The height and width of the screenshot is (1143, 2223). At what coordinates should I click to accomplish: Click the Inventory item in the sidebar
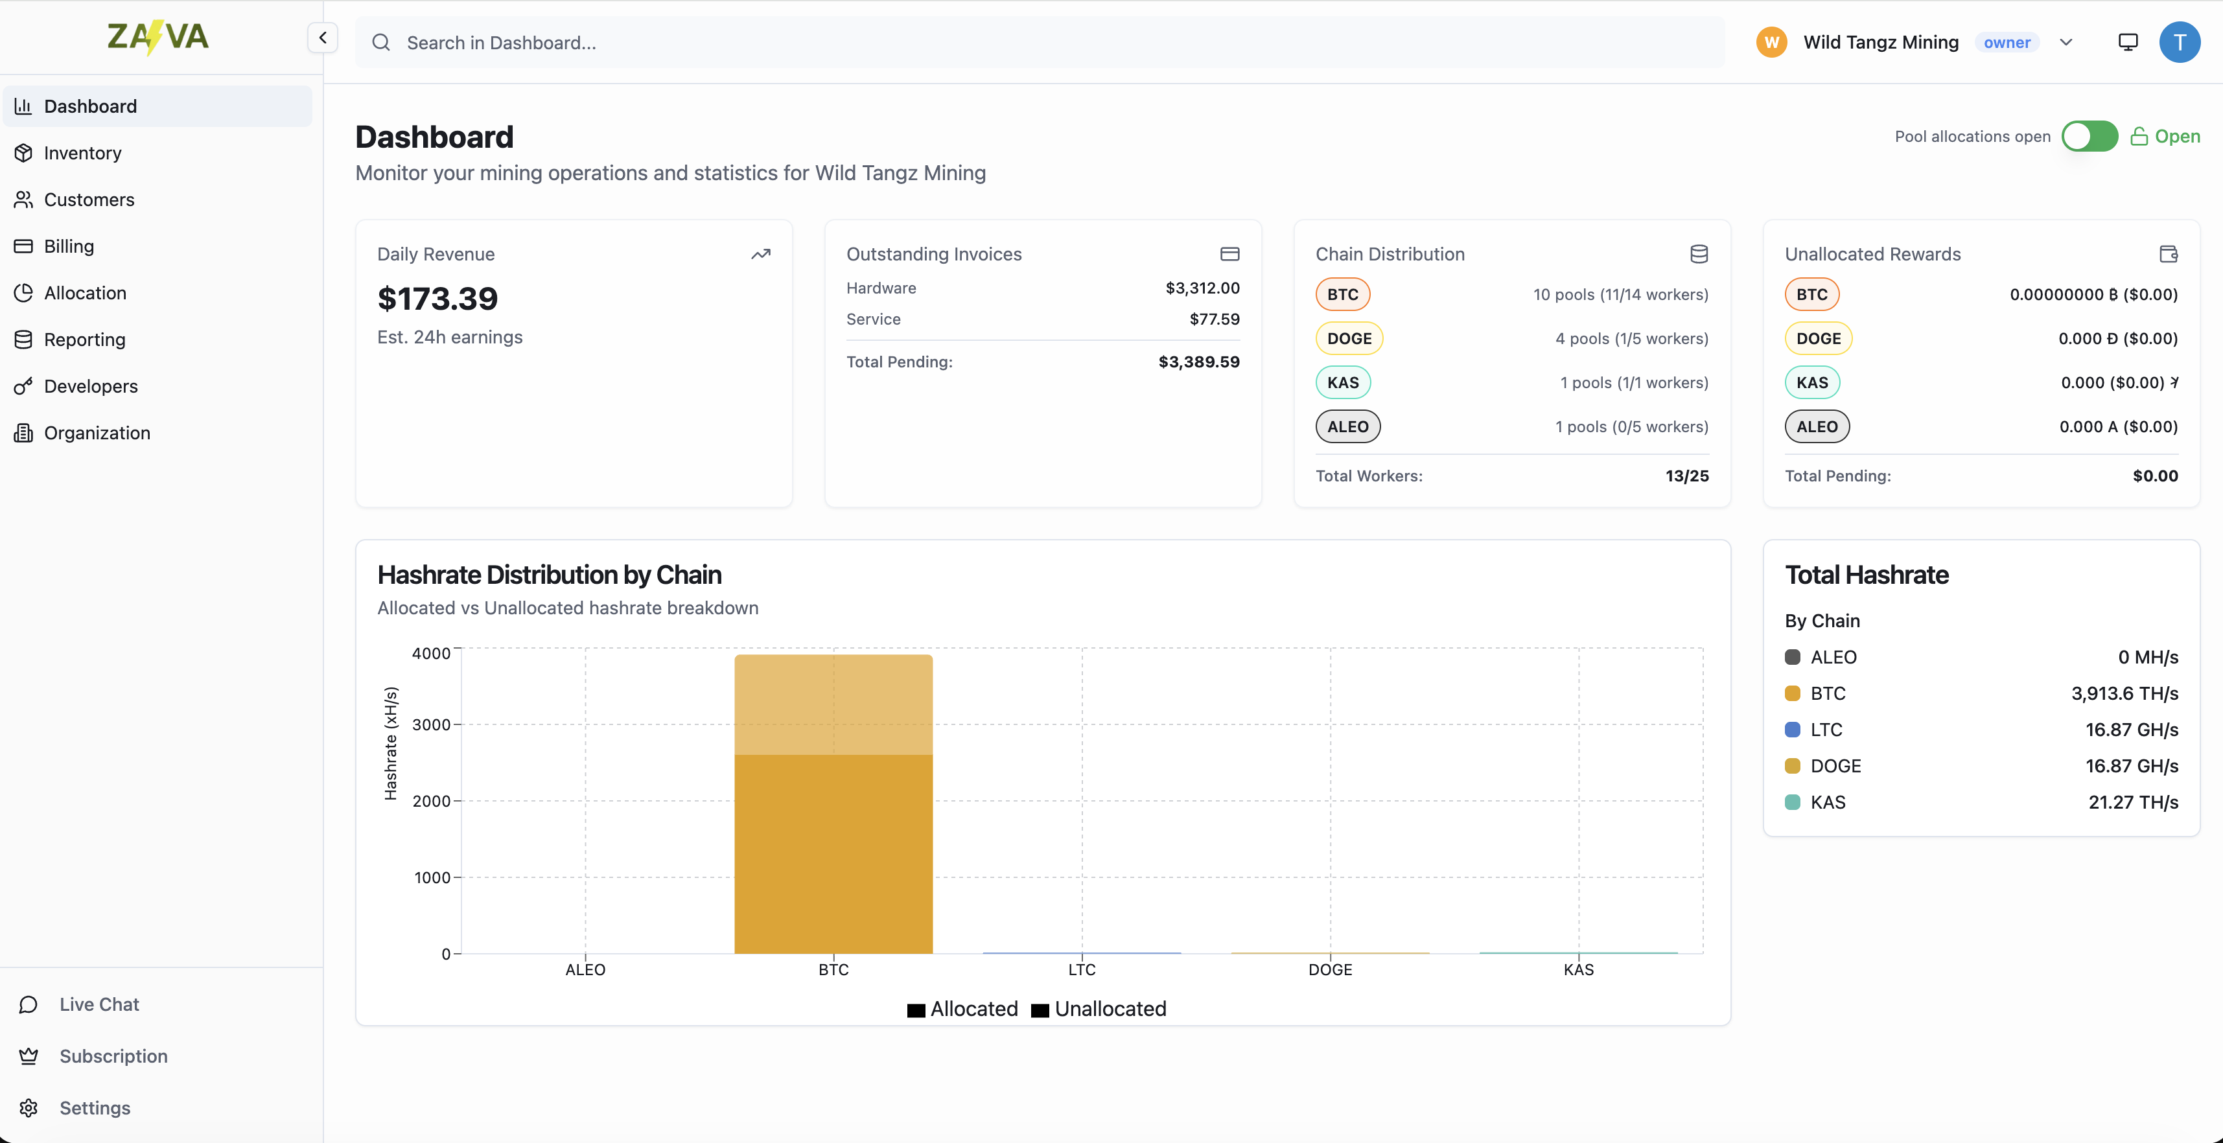pos(82,153)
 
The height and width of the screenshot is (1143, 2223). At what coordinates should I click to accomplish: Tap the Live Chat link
pos(99,1004)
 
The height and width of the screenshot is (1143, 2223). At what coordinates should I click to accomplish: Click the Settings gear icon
pos(29,1107)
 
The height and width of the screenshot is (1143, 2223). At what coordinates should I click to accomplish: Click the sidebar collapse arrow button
pos(322,38)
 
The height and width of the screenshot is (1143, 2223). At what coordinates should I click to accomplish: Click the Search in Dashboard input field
pos(1036,42)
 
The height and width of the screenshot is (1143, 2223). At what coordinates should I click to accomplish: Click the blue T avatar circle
pos(2178,42)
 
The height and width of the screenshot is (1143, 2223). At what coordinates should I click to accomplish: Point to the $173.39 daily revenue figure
pos(437,299)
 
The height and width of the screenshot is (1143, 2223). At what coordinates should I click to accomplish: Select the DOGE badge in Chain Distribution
pos(1349,338)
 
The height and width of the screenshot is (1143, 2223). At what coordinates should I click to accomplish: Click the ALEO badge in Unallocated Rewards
pos(1817,426)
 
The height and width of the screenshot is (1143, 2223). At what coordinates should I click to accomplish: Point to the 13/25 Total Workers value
pos(1686,476)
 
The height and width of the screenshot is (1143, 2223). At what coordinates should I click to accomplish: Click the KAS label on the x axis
pos(1577,969)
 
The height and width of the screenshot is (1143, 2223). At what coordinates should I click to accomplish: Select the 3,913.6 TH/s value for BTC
pos(2124,693)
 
